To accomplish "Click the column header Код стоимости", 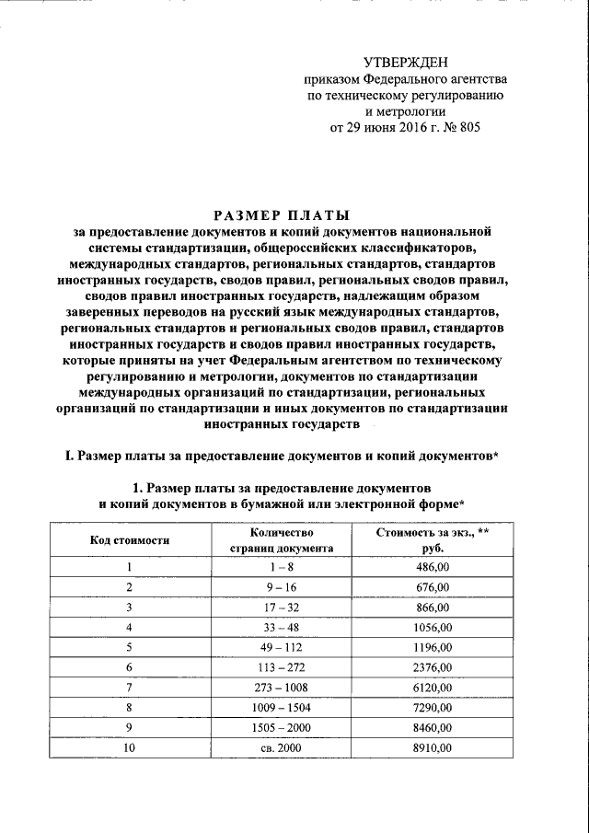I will point(129,539).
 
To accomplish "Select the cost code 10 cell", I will point(129,748).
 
